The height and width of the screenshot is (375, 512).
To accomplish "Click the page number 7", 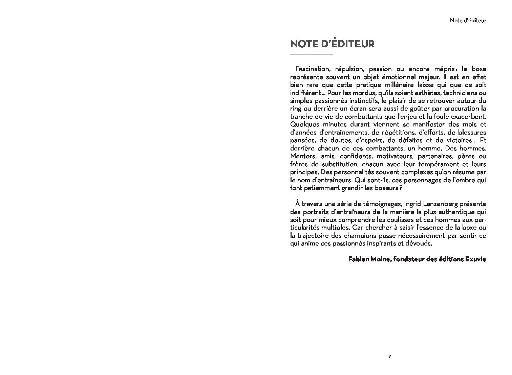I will click(x=389, y=356).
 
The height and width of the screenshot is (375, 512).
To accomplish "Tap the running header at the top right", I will click(x=468, y=20).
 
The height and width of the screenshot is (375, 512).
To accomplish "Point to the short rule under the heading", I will click(x=312, y=54).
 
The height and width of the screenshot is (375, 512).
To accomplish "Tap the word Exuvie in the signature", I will click(x=476, y=260).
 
